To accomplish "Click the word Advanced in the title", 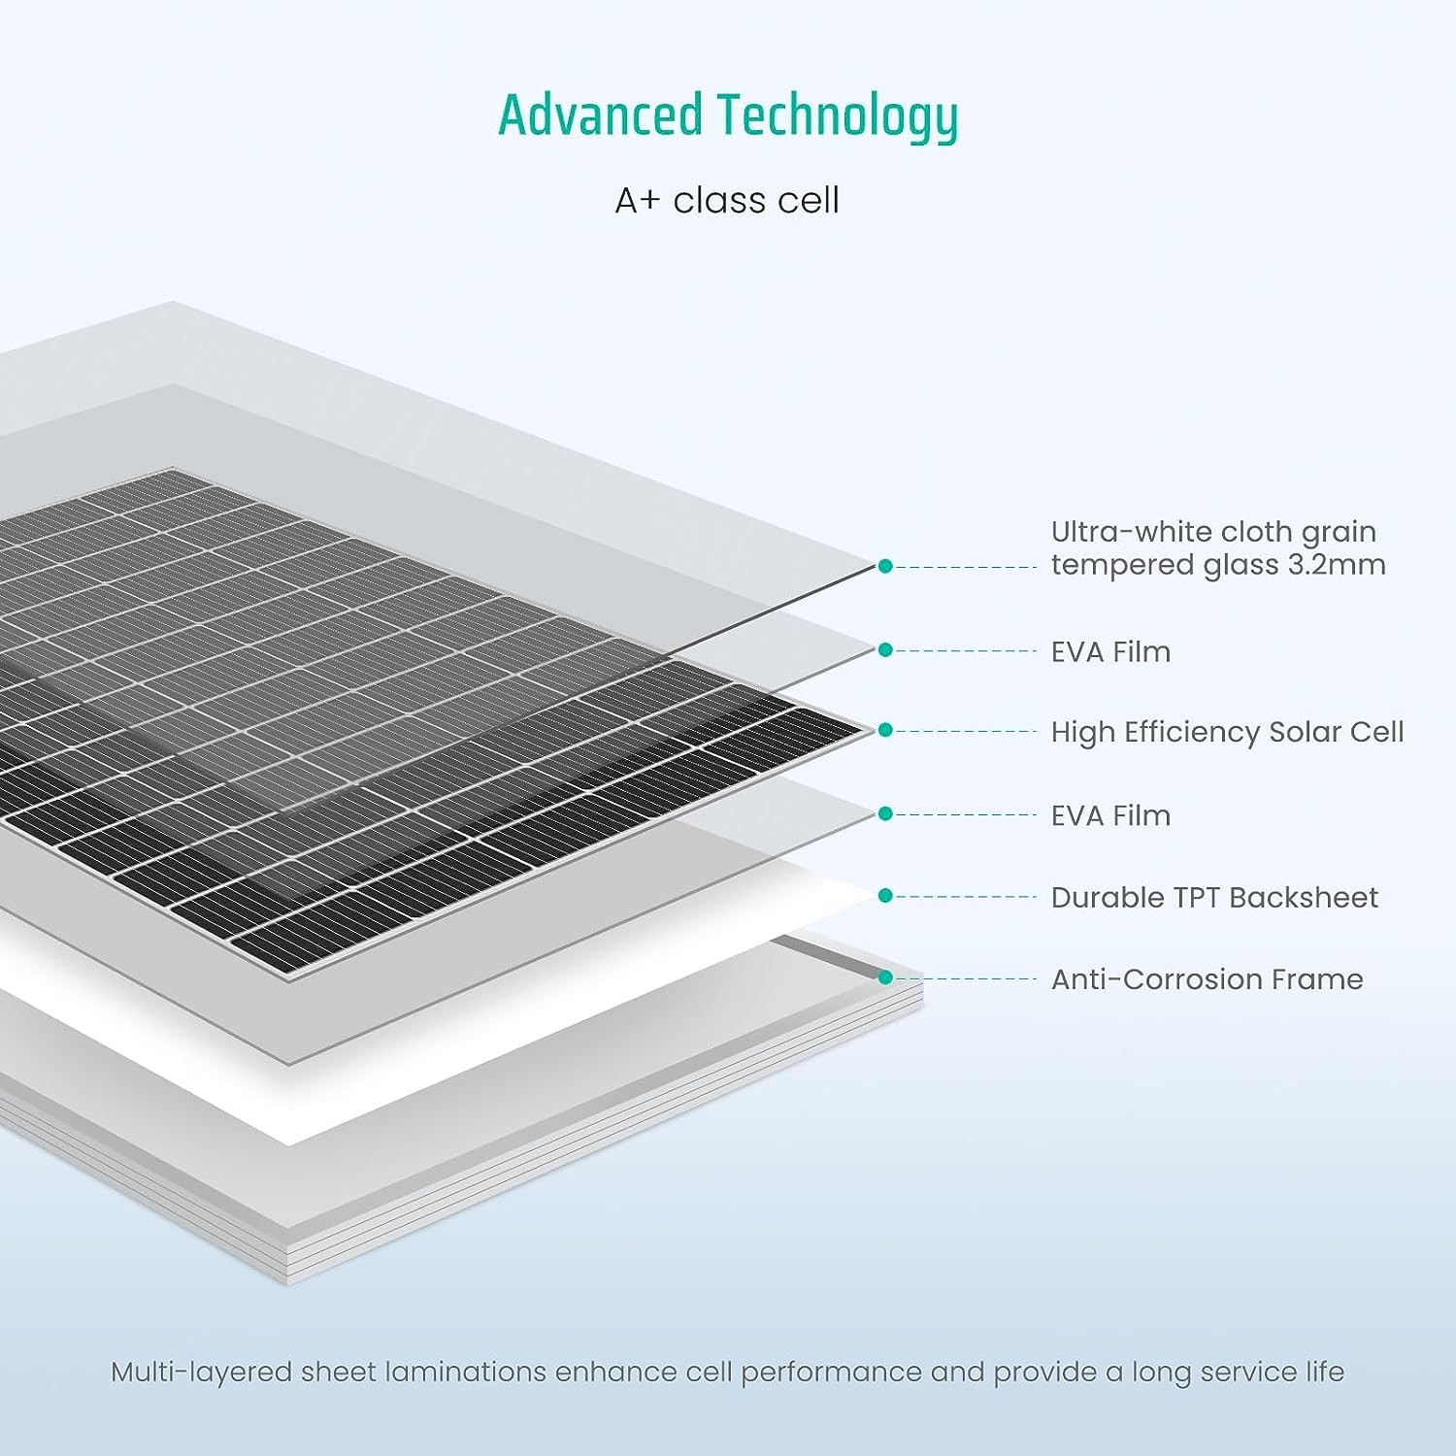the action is [600, 115].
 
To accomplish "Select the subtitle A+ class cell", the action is [727, 200].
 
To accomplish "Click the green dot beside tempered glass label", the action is [885, 566].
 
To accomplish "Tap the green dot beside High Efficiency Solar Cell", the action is [885, 730].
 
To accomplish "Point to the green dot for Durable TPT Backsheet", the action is [885, 896].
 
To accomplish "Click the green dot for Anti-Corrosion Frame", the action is [885, 977].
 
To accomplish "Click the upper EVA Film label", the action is [1110, 651].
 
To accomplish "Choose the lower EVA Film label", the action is [1110, 815].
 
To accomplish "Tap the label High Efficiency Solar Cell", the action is [1227, 732].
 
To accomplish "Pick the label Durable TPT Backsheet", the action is [1214, 897].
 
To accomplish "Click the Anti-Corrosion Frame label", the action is [1207, 978].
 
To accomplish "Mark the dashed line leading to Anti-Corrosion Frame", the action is [966, 978].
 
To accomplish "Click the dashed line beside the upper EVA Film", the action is [966, 650].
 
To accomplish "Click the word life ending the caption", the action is [1324, 1372].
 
